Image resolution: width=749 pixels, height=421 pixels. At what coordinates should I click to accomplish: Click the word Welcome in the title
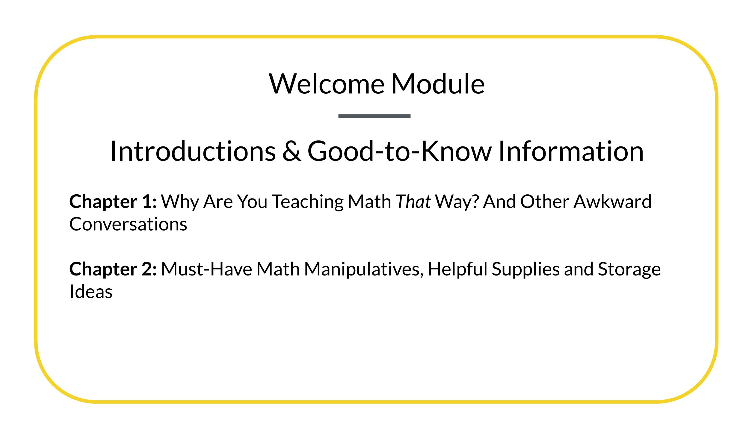pos(327,84)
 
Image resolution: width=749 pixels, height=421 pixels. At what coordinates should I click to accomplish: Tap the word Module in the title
pos(438,84)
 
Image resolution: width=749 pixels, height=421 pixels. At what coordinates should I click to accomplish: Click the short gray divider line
pos(374,116)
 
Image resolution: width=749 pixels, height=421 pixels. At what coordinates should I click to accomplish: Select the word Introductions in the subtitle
pos(193,151)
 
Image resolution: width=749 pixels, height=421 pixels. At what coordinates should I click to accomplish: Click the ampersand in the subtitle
pos(292,151)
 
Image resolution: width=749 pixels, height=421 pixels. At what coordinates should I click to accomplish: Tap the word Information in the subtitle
pos(571,151)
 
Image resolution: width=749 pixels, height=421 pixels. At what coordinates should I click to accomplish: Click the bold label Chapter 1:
pos(113,202)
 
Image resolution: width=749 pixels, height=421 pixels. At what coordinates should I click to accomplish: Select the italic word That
pos(413,202)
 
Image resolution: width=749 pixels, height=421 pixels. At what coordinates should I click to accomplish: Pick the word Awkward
pos(612,202)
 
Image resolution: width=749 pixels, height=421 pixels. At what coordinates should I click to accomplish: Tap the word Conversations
pos(128,224)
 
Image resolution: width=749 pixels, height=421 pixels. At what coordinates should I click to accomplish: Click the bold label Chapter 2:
pos(113,269)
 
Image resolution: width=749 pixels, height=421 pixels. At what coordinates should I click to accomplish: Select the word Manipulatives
pos(364,269)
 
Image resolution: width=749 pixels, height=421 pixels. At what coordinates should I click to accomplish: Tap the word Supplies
pos(525,269)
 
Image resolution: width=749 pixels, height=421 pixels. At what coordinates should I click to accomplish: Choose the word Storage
pos(629,269)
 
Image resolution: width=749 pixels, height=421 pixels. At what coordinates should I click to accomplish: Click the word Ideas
pos(91,291)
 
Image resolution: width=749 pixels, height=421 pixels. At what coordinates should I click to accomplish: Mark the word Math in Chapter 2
pos(278,269)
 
